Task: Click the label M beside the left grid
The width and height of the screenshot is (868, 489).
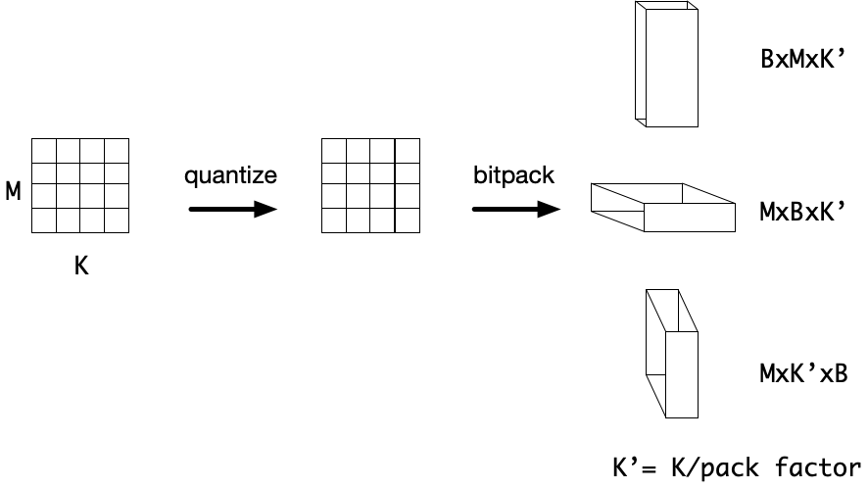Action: point(14,191)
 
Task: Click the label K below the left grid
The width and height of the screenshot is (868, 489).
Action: point(81,265)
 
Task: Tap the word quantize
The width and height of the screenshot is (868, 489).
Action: point(231,176)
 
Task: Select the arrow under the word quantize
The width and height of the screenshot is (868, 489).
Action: point(232,209)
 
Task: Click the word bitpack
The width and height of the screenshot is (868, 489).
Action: point(514,176)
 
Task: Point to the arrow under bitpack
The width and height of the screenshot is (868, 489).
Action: point(515,209)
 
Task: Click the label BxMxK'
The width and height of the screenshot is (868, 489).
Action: point(803,58)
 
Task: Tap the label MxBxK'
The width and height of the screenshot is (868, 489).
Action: point(803,211)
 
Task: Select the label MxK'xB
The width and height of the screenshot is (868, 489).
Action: point(803,372)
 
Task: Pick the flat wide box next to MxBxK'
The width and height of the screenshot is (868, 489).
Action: point(663,206)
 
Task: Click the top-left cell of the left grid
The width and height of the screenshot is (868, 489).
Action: point(44,150)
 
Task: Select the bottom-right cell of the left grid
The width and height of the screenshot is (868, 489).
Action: point(117,220)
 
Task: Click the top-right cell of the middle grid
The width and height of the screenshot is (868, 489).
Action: point(408,150)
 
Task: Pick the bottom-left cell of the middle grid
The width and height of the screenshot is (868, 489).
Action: point(334,220)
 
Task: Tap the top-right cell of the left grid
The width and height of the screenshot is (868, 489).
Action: point(117,150)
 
